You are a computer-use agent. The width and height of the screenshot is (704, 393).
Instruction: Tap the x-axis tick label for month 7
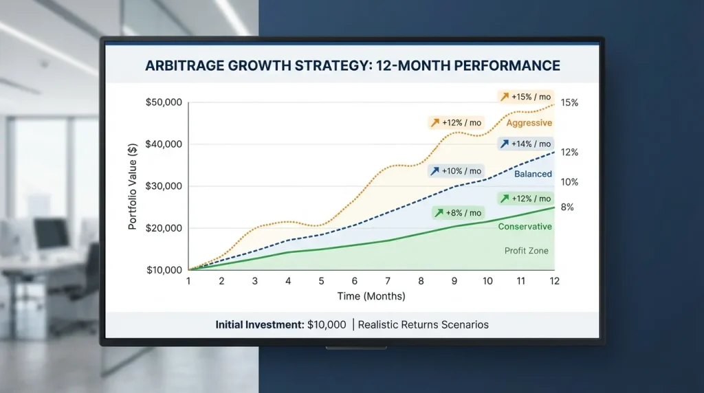388,282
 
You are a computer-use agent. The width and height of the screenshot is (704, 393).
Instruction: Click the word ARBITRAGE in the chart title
185,66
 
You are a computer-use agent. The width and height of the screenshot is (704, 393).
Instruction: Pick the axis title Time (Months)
371,296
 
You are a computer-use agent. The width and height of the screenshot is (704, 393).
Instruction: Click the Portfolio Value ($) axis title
133,186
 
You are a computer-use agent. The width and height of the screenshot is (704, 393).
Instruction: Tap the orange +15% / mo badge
526,97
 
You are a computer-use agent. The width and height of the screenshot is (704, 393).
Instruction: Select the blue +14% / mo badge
526,144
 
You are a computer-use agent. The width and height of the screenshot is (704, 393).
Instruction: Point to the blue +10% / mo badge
456,170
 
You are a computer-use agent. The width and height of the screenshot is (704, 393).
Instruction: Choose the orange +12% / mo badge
456,122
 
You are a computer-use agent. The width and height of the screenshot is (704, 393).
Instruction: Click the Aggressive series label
529,123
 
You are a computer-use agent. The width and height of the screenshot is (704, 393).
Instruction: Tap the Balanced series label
533,174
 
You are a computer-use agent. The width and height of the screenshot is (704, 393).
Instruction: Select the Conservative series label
525,227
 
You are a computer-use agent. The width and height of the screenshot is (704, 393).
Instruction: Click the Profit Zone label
527,251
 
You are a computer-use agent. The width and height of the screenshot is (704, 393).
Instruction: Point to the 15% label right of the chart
569,103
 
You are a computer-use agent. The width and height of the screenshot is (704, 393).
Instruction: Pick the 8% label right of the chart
567,207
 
